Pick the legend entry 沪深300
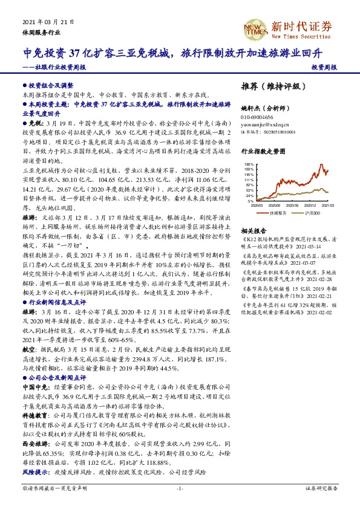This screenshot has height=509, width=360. (312, 213)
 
